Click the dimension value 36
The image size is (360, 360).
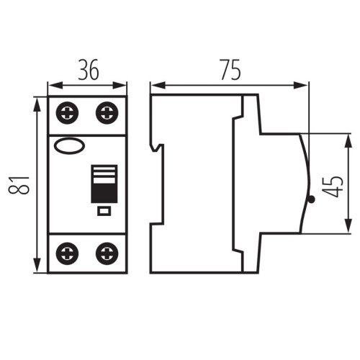point(86,70)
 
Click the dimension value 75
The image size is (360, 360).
point(229,70)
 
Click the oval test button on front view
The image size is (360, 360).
point(68,147)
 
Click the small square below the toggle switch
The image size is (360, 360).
point(103,211)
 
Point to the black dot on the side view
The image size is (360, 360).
point(310,199)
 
